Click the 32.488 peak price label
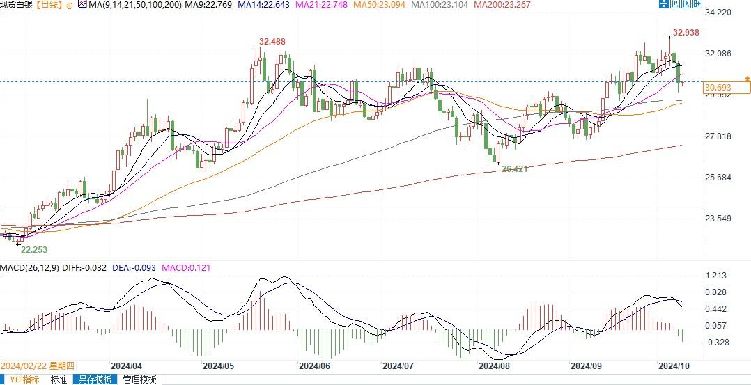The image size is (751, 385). pyautogui.click(x=272, y=42)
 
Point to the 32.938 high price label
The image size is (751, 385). pyautogui.click(x=686, y=33)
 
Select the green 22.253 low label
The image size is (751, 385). pyautogui.click(x=34, y=249)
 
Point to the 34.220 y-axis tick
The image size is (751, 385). pyautogui.click(x=718, y=13)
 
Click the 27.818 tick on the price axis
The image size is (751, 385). pyautogui.click(x=718, y=136)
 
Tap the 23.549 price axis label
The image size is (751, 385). pyautogui.click(x=718, y=219)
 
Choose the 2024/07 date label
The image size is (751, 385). pyautogui.click(x=398, y=365)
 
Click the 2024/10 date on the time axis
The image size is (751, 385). pyautogui.click(x=674, y=365)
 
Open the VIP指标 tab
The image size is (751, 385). pyautogui.click(x=23, y=379)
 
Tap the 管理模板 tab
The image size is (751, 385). pyautogui.click(x=139, y=379)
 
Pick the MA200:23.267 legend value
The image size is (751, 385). pyautogui.click(x=504, y=5)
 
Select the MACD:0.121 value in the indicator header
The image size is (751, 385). pyautogui.click(x=186, y=267)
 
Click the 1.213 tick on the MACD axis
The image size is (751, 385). pyautogui.click(x=716, y=276)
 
